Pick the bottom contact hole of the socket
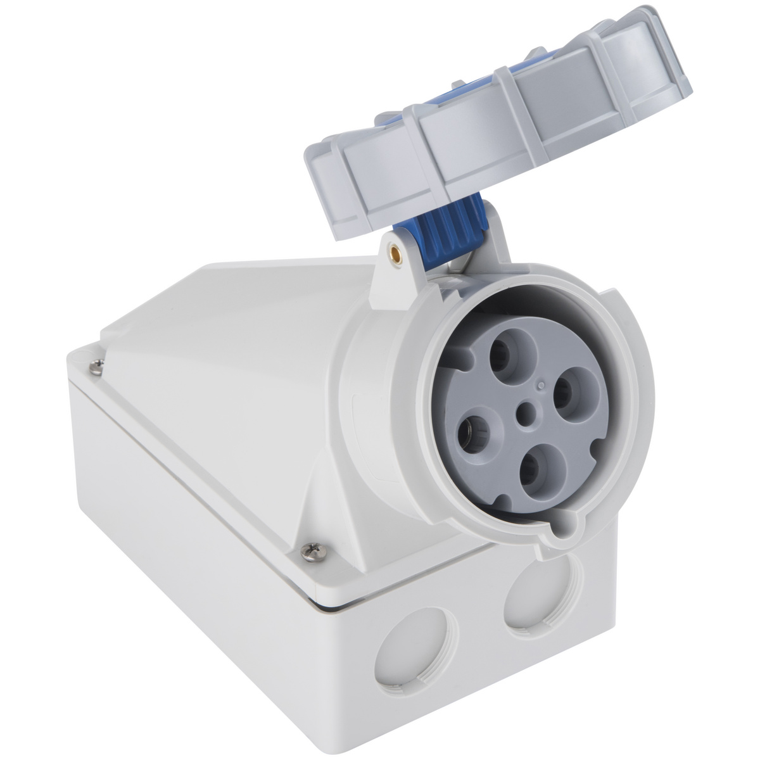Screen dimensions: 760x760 pyautogui.click(x=529, y=469)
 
